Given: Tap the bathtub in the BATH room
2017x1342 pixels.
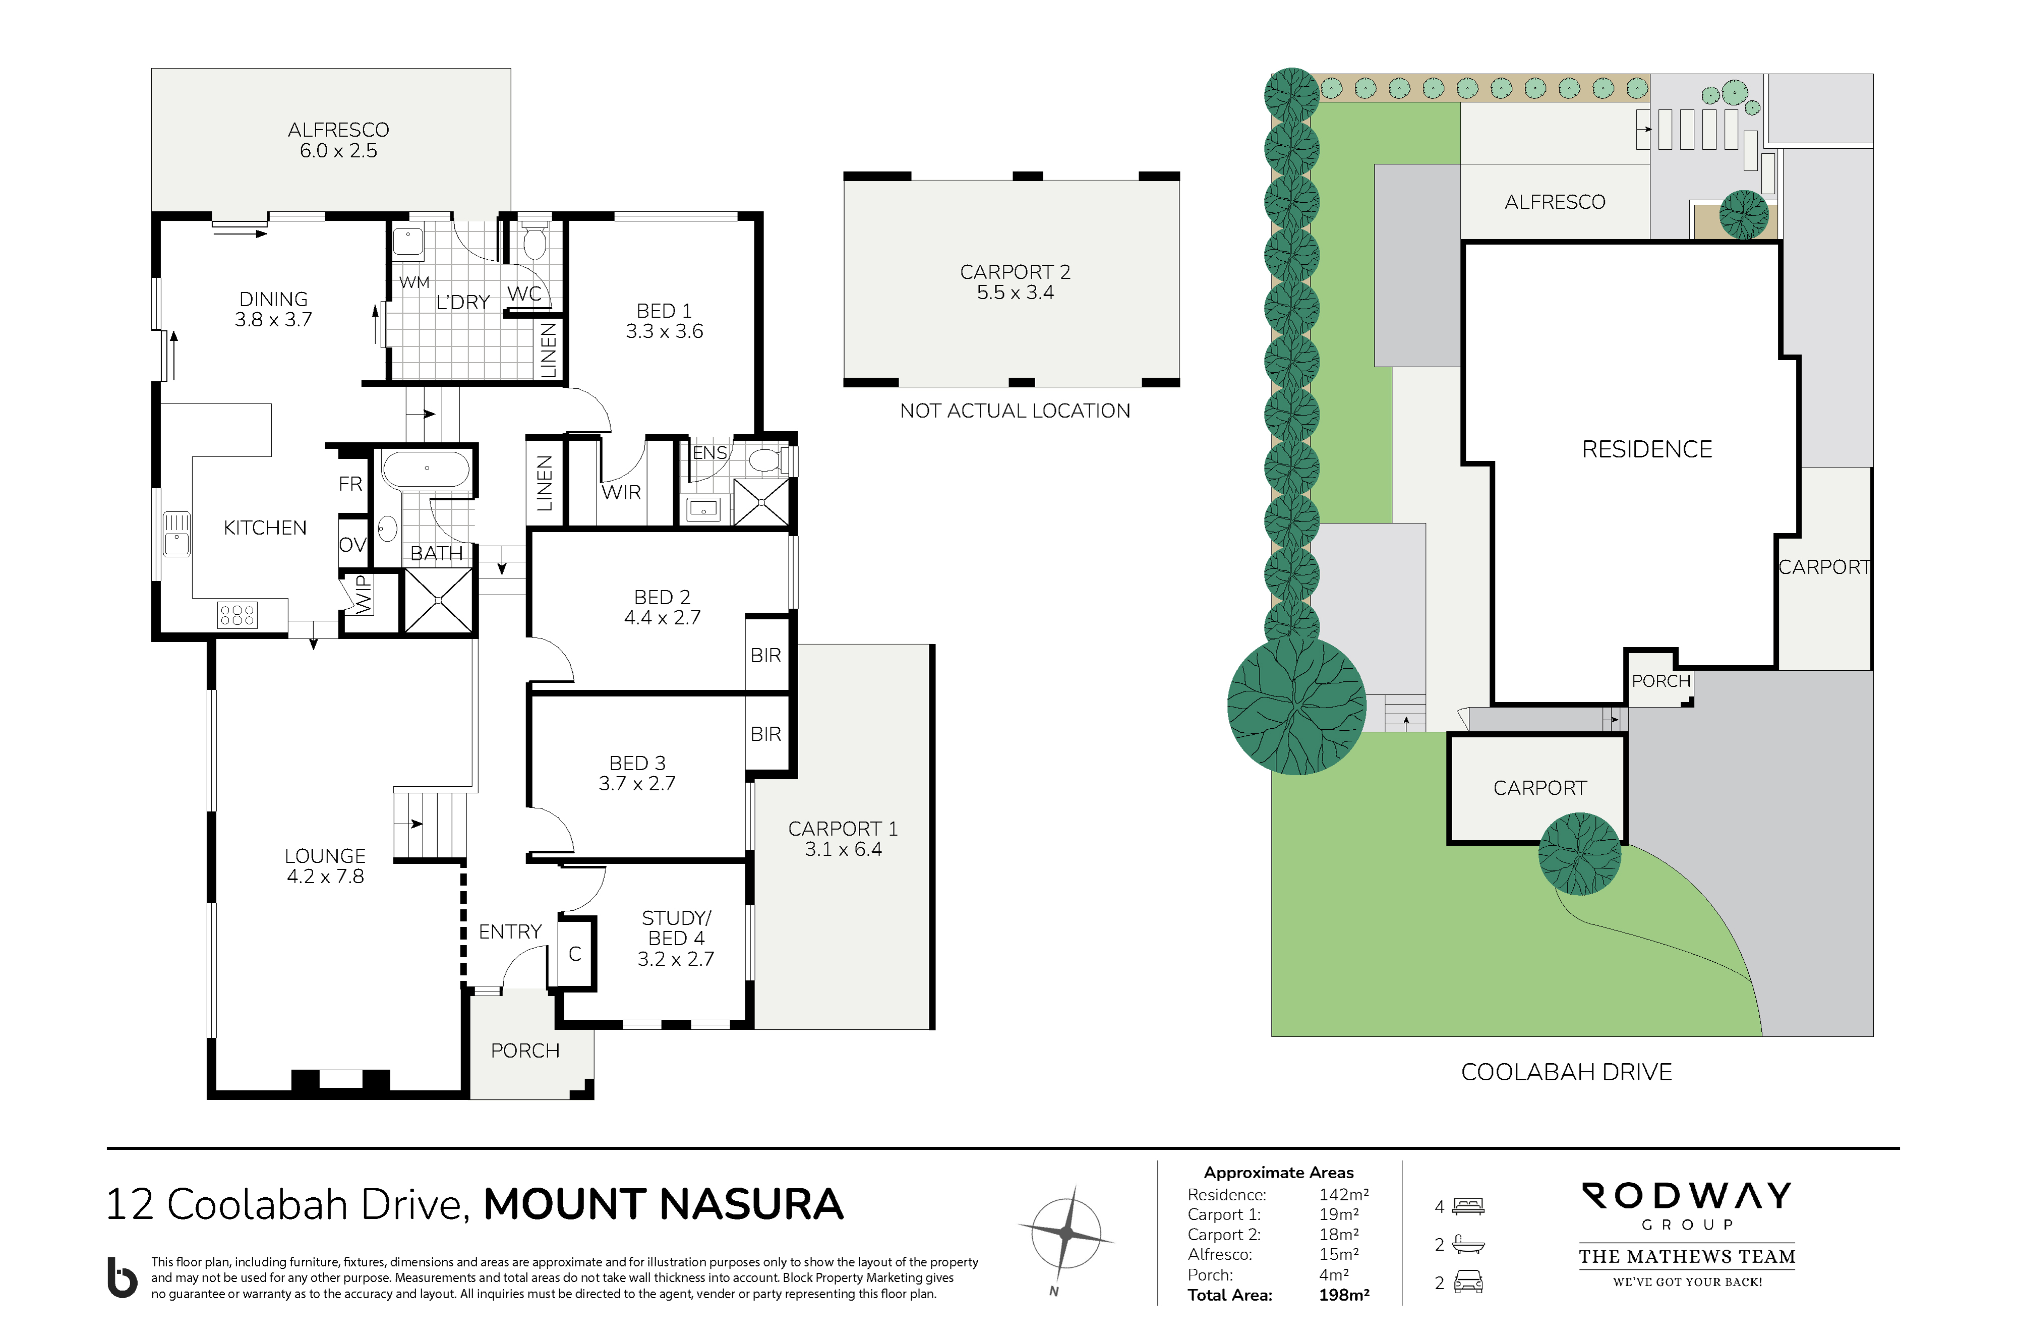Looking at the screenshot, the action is [x=426, y=470].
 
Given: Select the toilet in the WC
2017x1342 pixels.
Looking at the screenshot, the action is [x=535, y=242].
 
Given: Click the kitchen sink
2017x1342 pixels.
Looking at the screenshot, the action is [x=176, y=533].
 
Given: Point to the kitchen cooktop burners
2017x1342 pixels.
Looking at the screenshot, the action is [x=237, y=614].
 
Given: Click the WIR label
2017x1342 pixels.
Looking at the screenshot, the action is [x=621, y=493].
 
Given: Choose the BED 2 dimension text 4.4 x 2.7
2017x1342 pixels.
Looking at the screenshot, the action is [x=663, y=618].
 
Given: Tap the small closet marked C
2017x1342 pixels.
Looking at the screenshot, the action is [x=575, y=954].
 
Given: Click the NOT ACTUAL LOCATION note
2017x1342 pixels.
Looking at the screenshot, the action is [x=1015, y=411].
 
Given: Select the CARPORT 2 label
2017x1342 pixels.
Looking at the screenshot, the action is [x=1015, y=272].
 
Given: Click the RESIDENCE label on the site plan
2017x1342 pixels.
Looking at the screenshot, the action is [x=1646, y=449].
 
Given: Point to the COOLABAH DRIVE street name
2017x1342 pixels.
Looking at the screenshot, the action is [x=1566, y=1072].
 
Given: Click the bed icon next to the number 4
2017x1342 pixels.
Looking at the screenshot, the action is [x=1468, y=1207].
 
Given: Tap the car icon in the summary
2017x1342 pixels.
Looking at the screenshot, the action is [x=1468, y=1282].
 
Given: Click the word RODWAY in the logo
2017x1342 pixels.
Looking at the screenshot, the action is [x=1687, y=1196].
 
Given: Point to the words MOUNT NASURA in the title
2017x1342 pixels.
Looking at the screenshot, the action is [x=663, y=1204].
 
